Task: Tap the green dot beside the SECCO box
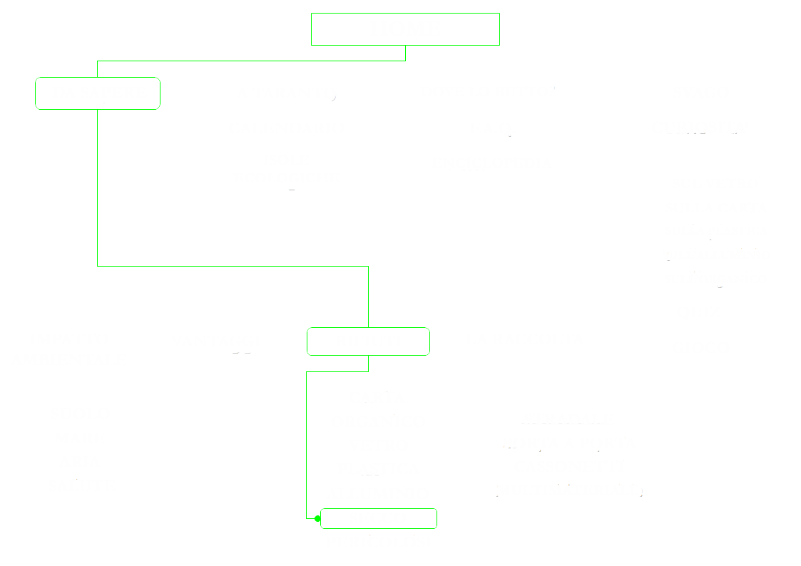tap(317, 518)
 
